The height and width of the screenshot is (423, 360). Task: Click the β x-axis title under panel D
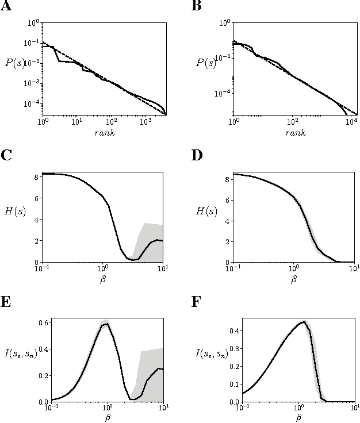[294, 280]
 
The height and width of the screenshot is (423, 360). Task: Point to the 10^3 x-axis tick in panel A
[145, 122]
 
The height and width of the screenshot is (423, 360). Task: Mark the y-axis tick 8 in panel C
[35, 178]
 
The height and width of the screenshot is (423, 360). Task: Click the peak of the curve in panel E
[106, 324]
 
